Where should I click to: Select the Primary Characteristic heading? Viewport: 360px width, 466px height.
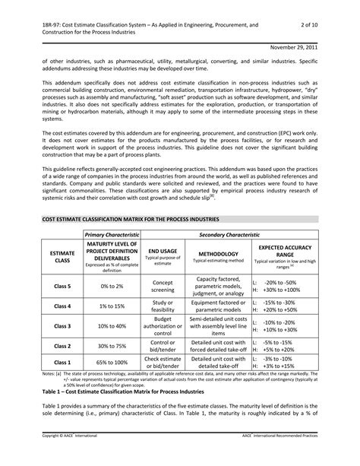click(x=112, y=236)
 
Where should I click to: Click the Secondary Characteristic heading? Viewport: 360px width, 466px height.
click(x=228, y=236)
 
